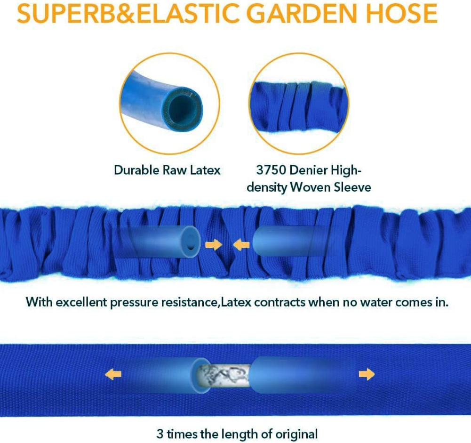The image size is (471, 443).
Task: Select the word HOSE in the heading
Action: pos(401,14)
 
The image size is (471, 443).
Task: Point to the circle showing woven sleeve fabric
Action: pos(299,104)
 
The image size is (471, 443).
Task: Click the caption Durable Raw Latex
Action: pos(167,170)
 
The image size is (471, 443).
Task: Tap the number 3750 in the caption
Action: pos(272,170)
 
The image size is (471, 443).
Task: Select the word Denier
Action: pos(311,170)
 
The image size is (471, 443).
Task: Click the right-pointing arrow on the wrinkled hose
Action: pos(213,244)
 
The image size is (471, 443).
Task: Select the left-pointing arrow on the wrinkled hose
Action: pos(241,244)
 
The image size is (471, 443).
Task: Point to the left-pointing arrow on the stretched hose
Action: pos(113,374)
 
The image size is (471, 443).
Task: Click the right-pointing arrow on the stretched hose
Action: pos(367,374)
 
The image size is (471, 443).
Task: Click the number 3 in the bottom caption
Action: pos(160,433)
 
